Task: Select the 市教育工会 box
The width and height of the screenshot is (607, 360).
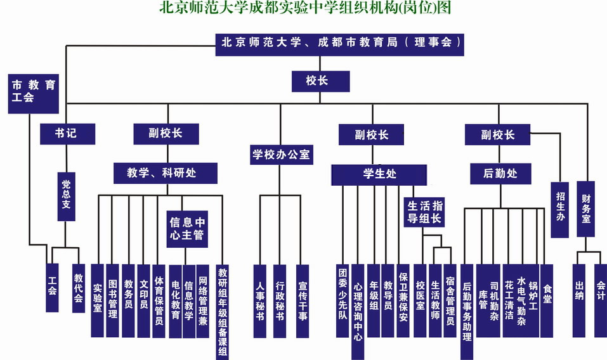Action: (x=34, y=93)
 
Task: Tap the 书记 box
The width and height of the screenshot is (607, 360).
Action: (x=67, y=134)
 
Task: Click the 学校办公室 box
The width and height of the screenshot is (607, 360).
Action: (x=281, y=154)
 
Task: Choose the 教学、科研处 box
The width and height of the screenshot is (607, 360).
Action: (x=166, y=172)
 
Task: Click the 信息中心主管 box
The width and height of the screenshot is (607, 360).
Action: (x=186, y=228)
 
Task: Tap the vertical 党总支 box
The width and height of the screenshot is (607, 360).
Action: (x=65, y=196)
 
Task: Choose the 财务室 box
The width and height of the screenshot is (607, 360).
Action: (x=586, y=209)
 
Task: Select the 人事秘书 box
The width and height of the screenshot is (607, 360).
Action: (x=259, y=300)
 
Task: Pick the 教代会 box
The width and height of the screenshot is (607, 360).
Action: (x=79, y=287)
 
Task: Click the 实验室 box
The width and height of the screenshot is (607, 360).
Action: (x=98, y=300)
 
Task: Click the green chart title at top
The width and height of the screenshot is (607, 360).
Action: (x=303, y=9)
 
